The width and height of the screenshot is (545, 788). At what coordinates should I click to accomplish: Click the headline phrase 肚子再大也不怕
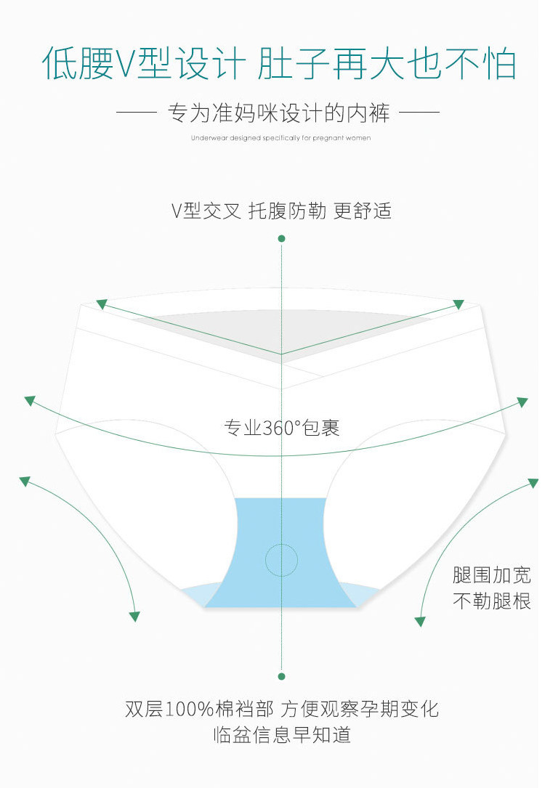point(387,64)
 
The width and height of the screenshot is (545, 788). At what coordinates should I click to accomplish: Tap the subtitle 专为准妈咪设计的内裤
point(279,113)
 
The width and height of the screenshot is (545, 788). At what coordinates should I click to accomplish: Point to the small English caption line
point(280,138)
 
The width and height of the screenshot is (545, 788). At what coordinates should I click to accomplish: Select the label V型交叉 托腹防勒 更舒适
point(281,211)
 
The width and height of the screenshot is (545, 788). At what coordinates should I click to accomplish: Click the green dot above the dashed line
point(282,238)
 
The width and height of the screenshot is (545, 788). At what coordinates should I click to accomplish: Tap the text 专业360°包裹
point(282,427)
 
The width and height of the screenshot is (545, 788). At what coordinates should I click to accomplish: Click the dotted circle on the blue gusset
point(282,559)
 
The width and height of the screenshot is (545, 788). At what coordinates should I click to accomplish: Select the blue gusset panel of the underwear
point(282,523)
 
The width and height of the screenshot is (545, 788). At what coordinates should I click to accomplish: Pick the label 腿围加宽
point(491,576)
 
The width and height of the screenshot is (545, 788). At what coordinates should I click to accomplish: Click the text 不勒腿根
point(491,601)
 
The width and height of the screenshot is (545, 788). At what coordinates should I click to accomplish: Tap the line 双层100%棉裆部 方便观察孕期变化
point(282,709)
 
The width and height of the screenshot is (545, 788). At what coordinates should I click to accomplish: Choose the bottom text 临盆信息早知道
point(282,734)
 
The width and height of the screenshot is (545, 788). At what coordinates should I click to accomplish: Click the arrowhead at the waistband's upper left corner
point(101,304)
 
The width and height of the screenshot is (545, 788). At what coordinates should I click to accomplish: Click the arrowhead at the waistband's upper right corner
point(459,304)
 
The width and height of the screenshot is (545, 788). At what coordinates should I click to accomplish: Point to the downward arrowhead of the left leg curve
point(134,617)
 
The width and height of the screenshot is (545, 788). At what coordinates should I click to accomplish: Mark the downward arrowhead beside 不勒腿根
point(419,622)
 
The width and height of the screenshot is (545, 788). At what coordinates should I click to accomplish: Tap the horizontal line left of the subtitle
point(137,113)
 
